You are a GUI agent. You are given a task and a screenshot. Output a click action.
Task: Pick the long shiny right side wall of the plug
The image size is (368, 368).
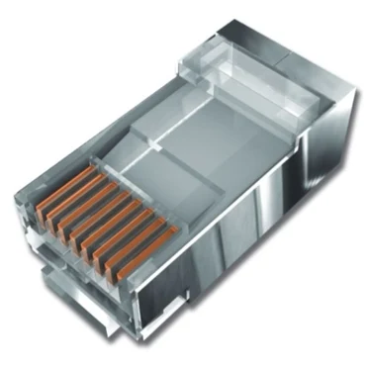click(x=267, y=228)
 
